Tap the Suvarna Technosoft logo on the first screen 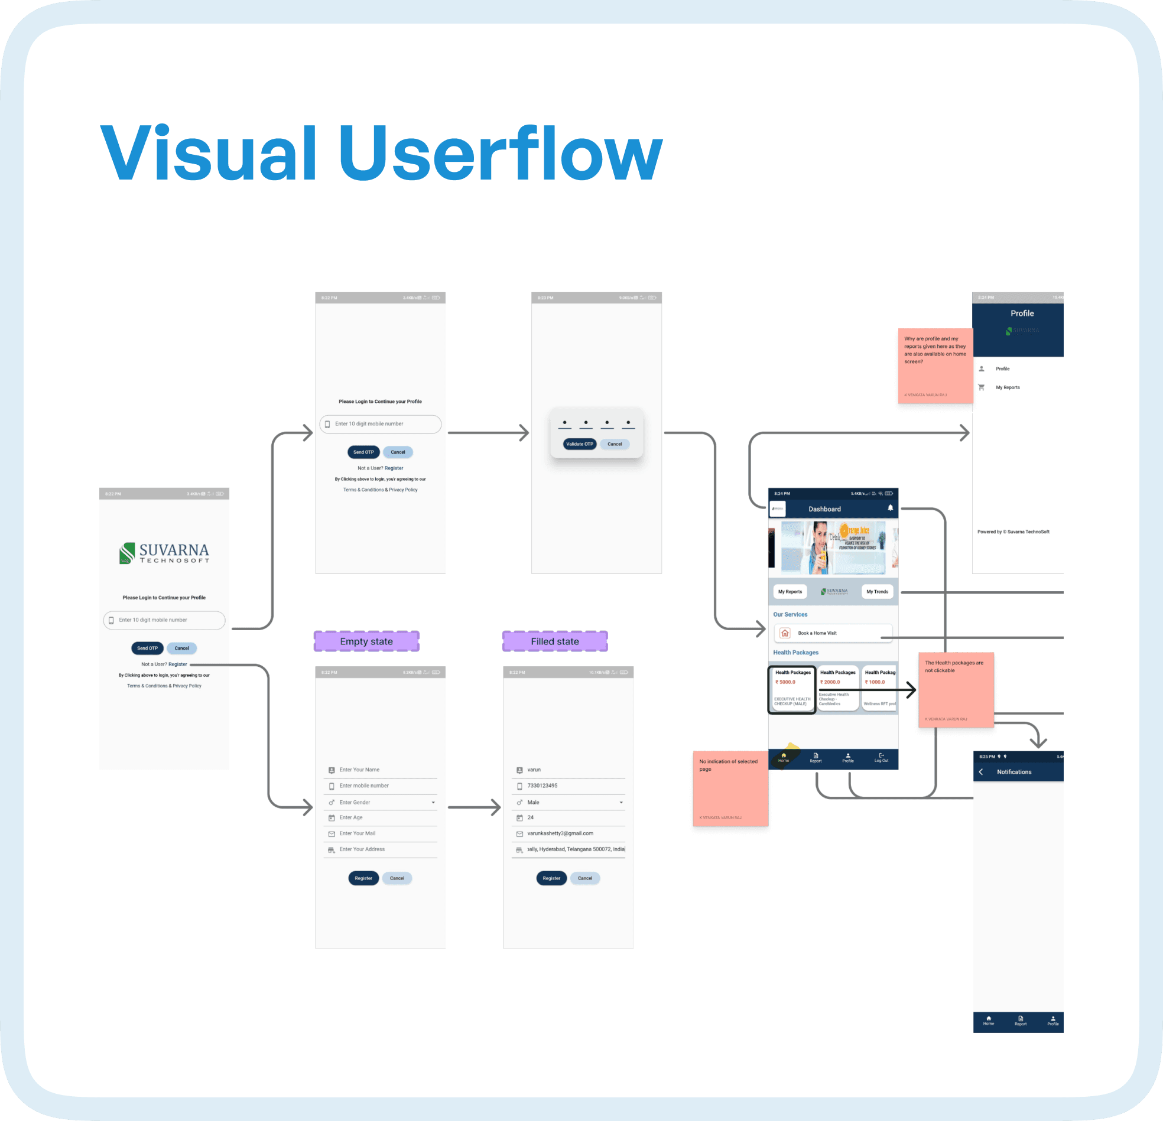(164, 553)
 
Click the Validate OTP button (579, 444)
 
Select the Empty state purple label (366, 641)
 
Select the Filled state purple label (555, 641)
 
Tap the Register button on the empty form (363, 878)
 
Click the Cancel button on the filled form (585, 878)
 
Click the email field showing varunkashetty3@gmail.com (560, 833)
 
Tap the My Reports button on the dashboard (790, 591)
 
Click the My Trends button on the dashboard (877, 591)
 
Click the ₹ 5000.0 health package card (791, 689)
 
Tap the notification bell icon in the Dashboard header (890, 508)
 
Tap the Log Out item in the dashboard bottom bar (881, 757)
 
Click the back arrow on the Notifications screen (981, 772)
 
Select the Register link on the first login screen (177, 664)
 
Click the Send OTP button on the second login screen (363, 452)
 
